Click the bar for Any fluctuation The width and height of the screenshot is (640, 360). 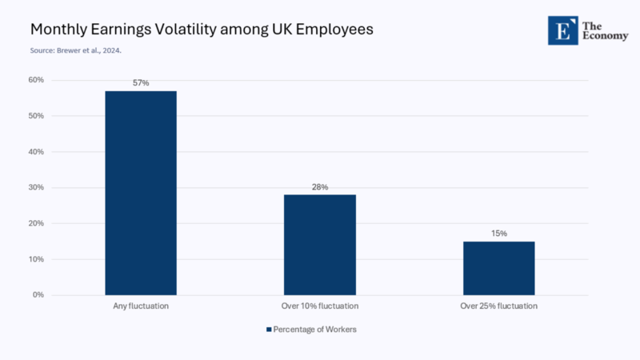[141, 193]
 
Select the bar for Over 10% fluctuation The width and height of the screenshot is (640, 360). [320, 245]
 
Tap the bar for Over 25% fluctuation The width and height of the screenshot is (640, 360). [499, 268]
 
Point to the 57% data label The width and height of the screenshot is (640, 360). [141, 83]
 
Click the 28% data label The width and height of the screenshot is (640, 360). [320, 186]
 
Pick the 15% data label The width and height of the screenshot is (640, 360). [499, 234]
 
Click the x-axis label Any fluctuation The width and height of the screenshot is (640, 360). [141, 306]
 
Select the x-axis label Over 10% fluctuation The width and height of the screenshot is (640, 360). [320, 306]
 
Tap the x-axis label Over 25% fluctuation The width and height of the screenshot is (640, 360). [499, 306]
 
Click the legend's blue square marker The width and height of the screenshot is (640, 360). [269, 330]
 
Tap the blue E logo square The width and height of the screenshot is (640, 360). [562, 30]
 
